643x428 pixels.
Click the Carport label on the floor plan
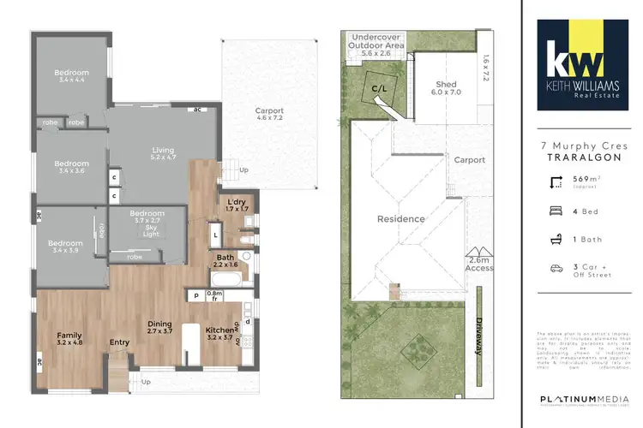click(x=268, y=116)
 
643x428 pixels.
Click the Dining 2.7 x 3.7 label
click(x=161, y=328)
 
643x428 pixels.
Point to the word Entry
click(x=119, y=343)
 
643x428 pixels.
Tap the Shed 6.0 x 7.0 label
click(x=448, y=88)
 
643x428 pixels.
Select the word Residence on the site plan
click(x=401, y=219)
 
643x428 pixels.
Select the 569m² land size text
click(x=586, y=181)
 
